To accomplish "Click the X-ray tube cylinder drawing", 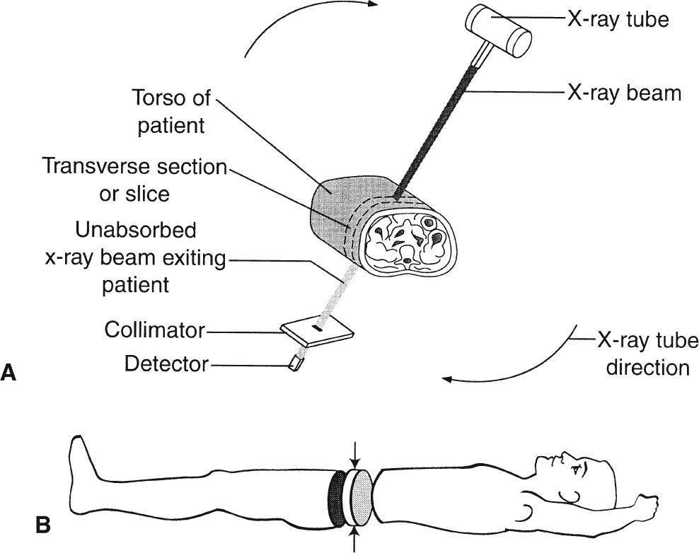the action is [499, 33].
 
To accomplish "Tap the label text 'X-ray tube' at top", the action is [618, 19].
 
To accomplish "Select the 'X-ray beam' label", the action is [624, 93].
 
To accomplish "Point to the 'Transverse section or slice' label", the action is [134, 180].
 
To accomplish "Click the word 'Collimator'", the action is [155, 330].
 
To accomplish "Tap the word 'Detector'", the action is [166, 364].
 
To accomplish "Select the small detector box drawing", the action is [296, 363].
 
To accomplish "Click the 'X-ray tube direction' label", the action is [647, 354].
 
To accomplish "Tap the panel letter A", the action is [8, 373].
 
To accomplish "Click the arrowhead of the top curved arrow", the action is [373, 4].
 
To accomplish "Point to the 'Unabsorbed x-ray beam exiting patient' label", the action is [136, 257].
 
